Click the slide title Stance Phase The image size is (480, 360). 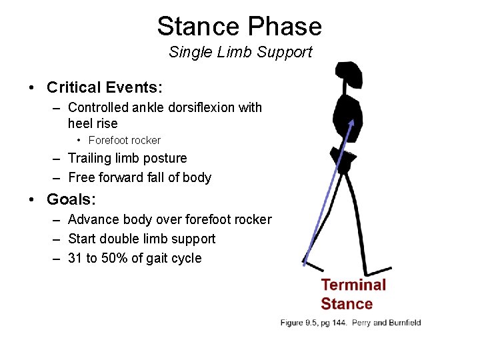239,27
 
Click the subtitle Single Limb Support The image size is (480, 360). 240,52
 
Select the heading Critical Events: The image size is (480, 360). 105,87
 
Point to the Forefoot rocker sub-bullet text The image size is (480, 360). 124,140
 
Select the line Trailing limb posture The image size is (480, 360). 127,158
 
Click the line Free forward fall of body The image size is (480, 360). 139,177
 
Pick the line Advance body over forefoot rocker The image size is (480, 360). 169,219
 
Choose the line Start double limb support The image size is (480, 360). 141,239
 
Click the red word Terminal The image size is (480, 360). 353,285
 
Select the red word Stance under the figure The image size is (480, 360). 346,304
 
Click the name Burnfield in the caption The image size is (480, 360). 403,323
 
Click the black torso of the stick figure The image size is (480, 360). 347,117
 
